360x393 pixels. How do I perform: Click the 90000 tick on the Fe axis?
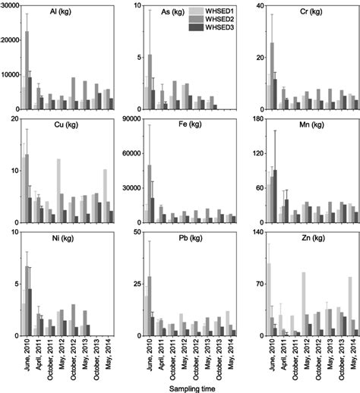pyautogui.click(x=135, y=118)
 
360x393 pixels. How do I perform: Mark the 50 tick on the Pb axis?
pyautogui.click(x=140, y=231)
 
